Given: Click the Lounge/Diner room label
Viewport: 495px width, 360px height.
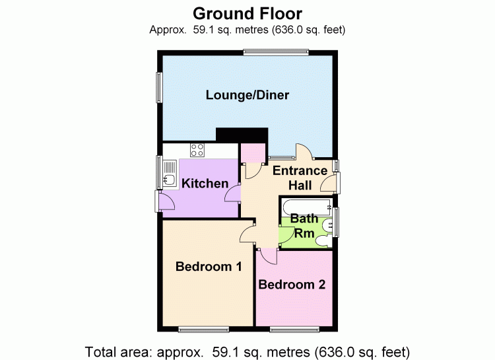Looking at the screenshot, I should [247, 95].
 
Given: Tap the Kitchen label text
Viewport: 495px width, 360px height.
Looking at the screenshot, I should [205, 184].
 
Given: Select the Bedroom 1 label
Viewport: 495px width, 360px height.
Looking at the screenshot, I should [208, 267].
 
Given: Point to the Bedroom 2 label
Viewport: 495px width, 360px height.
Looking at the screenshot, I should [292, 285].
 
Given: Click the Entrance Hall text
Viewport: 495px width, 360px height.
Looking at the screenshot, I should [300, 178].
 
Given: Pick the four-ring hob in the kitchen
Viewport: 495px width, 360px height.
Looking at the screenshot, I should [197, 149].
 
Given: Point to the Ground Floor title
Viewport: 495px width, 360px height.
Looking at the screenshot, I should [247, 13].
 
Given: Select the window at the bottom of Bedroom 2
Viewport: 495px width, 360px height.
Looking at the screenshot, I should [294, 328].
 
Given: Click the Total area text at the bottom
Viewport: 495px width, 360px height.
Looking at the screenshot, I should [247, 349].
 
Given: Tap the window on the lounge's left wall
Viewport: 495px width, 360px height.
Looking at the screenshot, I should [159, 87].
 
